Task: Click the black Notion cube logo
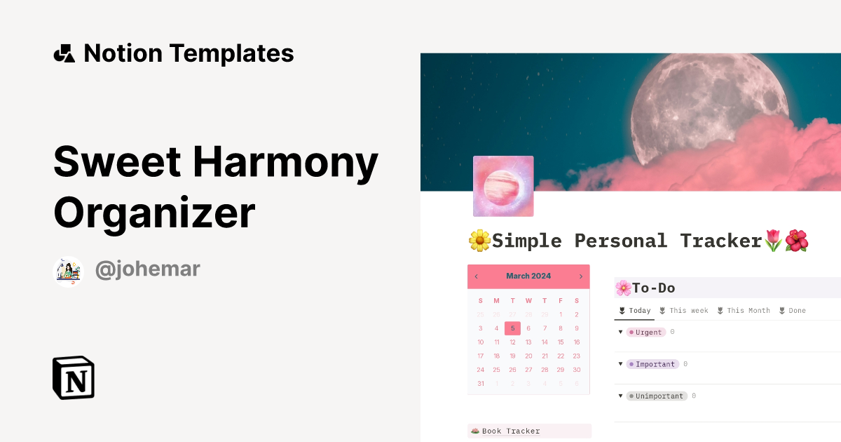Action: click(x=74, y=377)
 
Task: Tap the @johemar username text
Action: click(x=147, y=269)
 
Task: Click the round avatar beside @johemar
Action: click(x=69, y=272)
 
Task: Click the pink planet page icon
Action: click(x=503, y=186)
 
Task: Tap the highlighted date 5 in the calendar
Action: click(x=512, y=328)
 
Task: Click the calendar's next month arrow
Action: click(x=580, y=276)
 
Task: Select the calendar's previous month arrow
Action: click(x=477, y=276)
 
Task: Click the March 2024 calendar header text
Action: click(x=528, y=276)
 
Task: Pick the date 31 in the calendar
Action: click(x=480, y=383)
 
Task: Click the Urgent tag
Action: click(x=646, y=332)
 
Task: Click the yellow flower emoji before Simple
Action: click(x=479, y=241)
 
